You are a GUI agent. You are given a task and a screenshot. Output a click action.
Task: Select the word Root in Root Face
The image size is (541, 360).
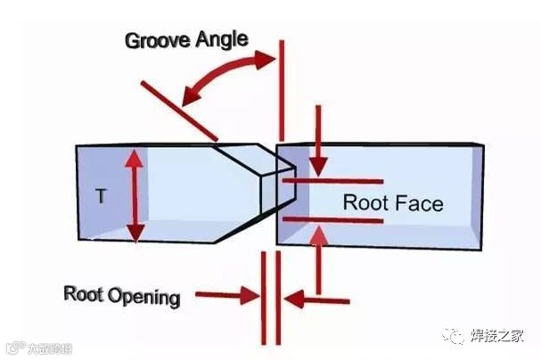364,203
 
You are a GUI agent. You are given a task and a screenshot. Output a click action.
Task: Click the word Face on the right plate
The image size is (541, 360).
416,203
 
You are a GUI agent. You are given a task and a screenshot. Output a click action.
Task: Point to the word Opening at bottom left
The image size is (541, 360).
143,296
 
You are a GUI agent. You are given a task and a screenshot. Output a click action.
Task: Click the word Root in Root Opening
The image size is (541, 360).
83,294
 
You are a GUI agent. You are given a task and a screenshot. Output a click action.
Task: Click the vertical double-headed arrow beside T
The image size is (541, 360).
134,196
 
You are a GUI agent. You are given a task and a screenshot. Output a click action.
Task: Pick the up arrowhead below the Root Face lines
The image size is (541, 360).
319,234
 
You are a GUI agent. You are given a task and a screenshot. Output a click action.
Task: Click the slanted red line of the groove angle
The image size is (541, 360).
178,110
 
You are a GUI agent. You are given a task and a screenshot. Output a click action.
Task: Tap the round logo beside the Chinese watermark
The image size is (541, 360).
455,335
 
